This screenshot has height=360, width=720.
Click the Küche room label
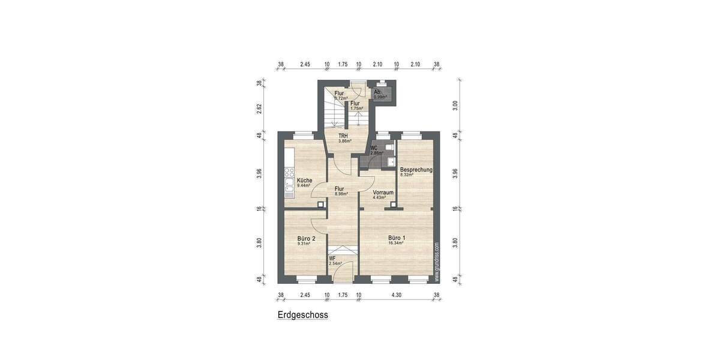pos(304,180)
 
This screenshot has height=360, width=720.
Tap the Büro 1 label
pos(396,238)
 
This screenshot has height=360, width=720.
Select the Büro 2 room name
pos(306,238)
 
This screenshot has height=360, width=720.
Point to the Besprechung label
pos(416,170)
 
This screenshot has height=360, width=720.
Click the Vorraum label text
pos(383,193)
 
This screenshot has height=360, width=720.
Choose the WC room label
pos(374,148)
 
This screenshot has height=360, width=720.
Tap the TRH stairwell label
pos(343,136)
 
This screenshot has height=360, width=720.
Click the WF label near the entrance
pos(332,258)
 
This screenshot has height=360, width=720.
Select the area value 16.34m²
pos(396,244)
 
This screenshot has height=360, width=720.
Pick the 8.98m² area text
pos(341,194)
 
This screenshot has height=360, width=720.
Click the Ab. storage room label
pos(377,92)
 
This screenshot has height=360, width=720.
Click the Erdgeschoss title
pos(302,314)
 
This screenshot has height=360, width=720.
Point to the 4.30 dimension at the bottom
pos(397,295)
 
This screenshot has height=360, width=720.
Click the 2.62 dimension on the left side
pos(260,108)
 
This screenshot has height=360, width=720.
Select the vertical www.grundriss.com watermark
pos(437,262)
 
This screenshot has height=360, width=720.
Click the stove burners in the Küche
pos(289,173)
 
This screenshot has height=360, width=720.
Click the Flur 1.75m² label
pos(356,105)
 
